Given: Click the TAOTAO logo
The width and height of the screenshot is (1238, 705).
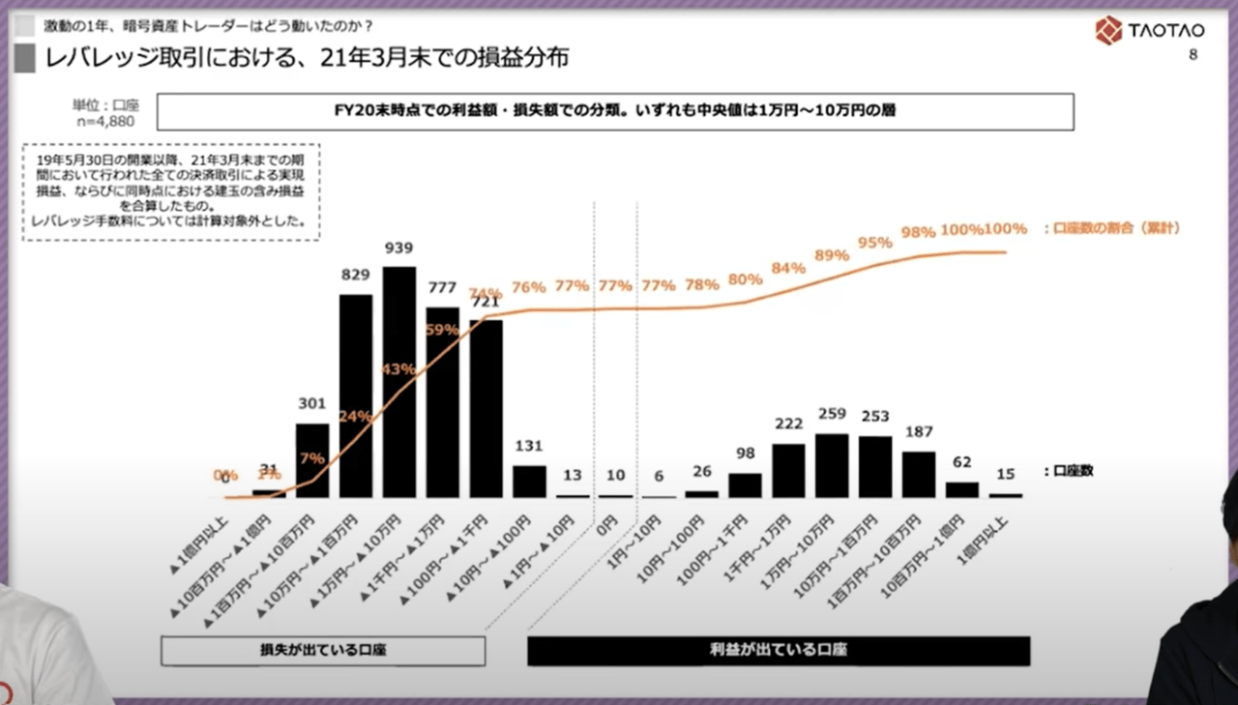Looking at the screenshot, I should [1149, 30].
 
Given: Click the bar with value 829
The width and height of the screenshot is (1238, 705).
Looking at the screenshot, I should [356, 397].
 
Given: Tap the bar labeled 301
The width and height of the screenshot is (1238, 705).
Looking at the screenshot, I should [312, 460].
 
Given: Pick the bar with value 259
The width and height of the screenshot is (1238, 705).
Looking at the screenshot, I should [832, 465].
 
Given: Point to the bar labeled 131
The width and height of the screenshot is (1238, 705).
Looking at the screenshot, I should [529, 482].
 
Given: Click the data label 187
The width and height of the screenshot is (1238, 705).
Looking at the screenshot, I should [919, 430].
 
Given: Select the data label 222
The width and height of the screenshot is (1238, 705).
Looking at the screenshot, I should [789, 424].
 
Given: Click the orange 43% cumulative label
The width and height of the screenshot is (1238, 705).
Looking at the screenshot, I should [398, 368].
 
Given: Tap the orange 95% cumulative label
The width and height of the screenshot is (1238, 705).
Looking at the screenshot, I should [874, 242].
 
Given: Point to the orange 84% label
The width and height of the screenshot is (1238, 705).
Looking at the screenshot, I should [789, 268].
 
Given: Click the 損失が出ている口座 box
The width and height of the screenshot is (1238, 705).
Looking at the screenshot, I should [323, 651].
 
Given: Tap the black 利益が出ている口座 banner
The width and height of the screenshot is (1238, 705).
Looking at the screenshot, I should [778, 651].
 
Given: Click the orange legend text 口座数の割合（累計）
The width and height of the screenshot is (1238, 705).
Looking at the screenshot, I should [1112, 228].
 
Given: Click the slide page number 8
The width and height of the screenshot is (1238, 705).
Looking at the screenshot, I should [1193, 55].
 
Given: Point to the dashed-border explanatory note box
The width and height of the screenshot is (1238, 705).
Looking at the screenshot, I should [170, 191].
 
